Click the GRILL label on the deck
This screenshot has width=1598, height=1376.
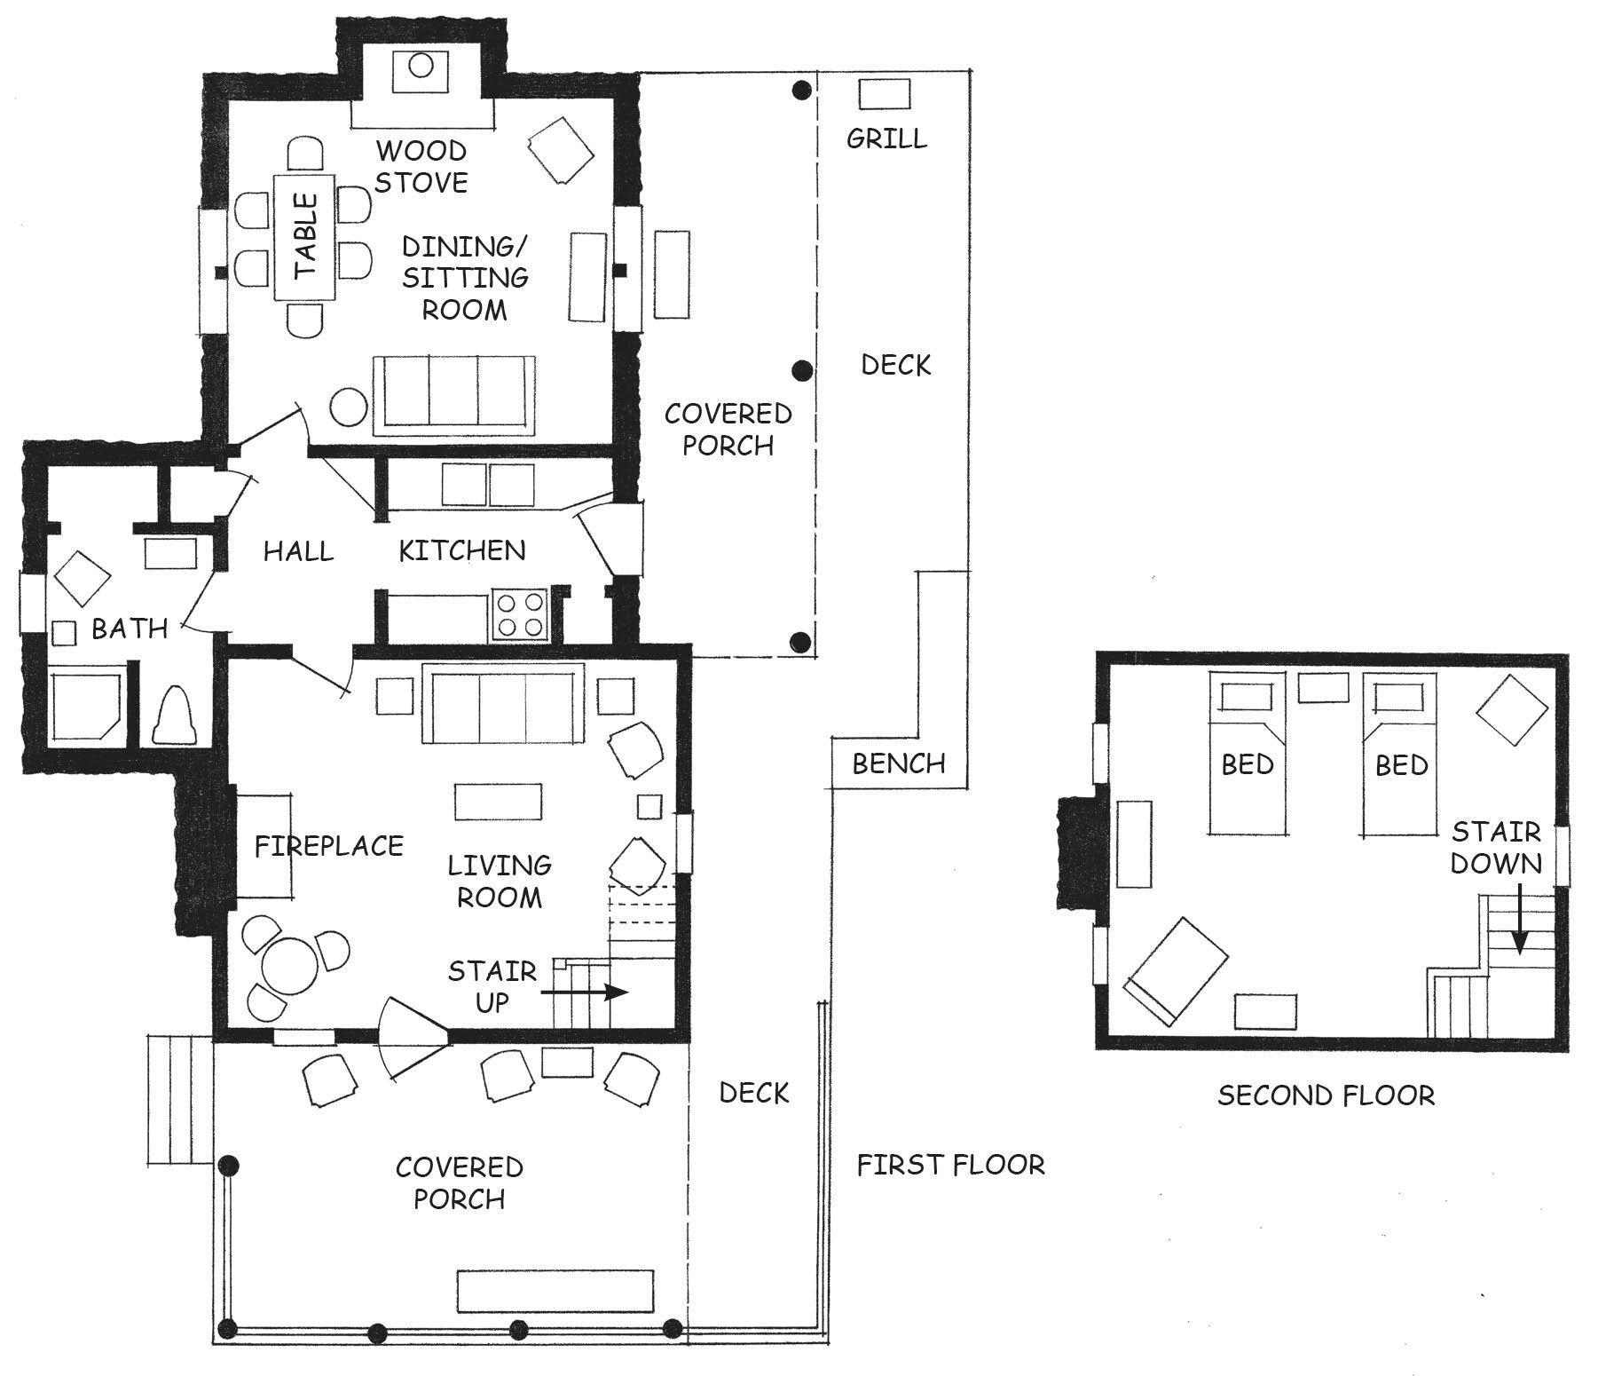click(x=886, y=138)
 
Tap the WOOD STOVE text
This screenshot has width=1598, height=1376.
click(x=421, y=166)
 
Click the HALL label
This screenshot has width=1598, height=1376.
click(x=298, y=551)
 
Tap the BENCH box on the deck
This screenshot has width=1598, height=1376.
click(x=899, y=763)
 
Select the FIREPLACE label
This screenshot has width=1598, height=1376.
click(x=329, y=846)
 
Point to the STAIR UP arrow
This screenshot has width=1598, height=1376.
click(x=591, y=992)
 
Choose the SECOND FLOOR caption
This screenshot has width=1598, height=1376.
click(x=1326, y=1095)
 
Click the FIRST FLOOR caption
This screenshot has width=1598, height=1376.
click(x=950, y=1164)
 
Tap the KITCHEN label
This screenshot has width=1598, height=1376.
click(x=461, y=550)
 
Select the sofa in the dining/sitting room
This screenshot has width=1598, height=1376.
click(x=454, y=395)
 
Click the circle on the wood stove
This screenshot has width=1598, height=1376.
click(x=421, y=65)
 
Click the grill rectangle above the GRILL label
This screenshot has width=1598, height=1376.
click(x=885, y=92)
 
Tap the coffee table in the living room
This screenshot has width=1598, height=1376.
click(x=498, y=802)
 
